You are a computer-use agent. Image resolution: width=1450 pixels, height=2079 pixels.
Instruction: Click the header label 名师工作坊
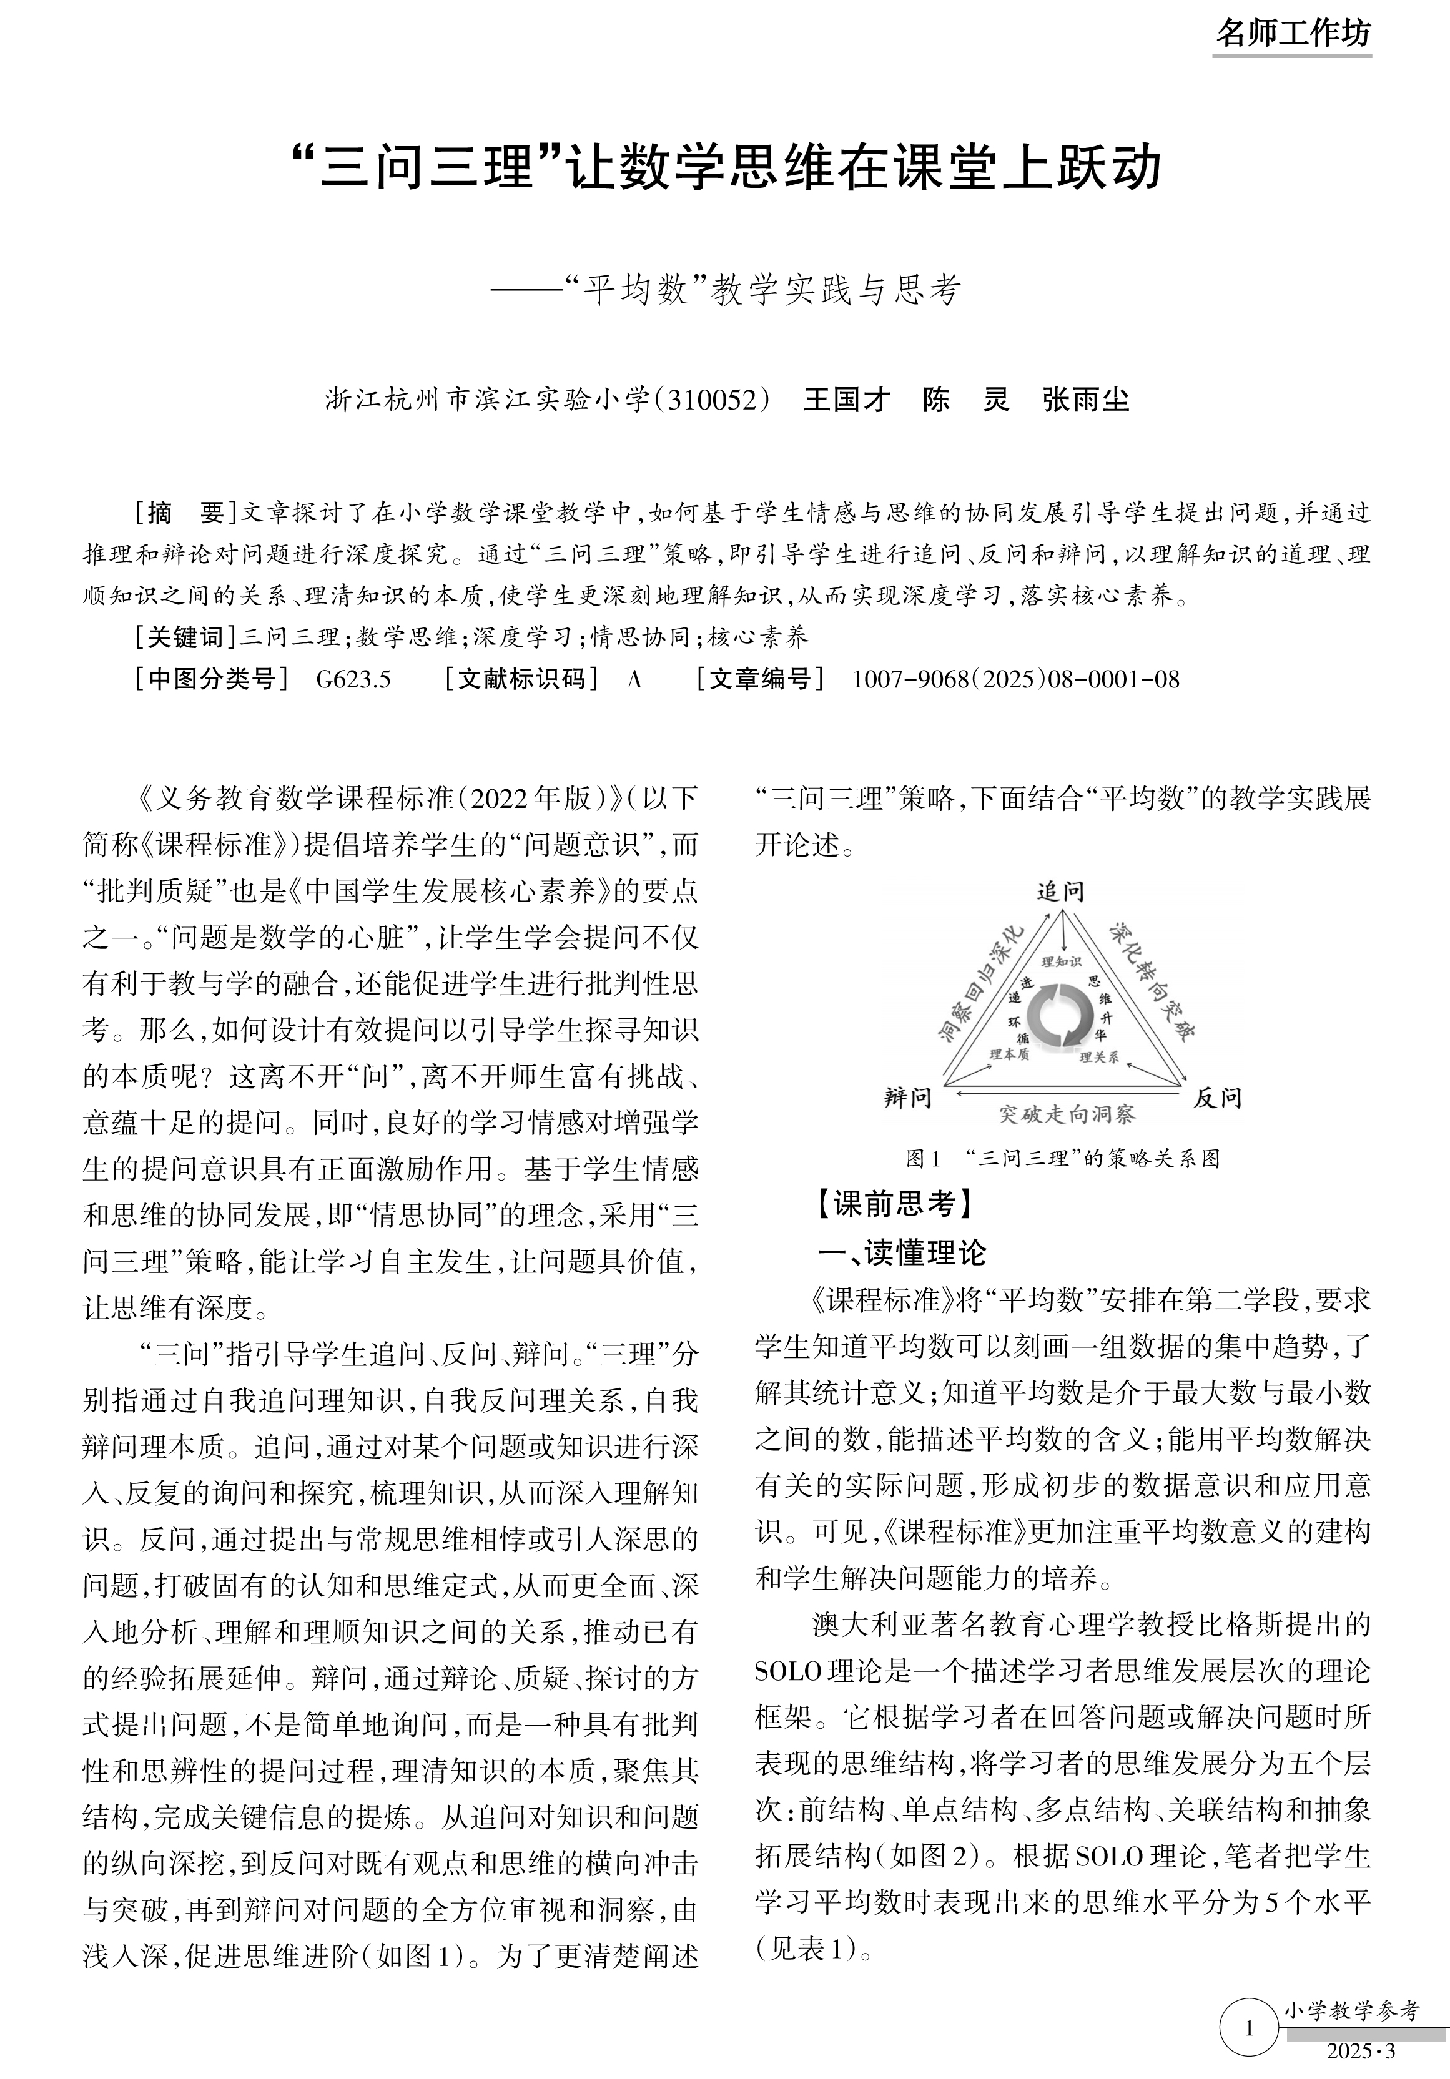click(1293, 34)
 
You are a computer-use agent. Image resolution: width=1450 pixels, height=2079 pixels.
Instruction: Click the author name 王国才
click(846, 400)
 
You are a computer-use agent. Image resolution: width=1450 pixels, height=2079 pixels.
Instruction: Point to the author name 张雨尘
click(1086, 400)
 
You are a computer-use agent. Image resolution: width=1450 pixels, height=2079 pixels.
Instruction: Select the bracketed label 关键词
click(185, 637)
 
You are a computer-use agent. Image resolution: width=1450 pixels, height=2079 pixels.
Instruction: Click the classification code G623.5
click(353, 679)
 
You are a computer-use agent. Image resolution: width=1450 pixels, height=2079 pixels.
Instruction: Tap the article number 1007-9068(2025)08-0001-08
click(1015, 679)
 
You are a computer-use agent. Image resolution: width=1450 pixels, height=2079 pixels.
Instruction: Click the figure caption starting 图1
click(1062, 1158)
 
